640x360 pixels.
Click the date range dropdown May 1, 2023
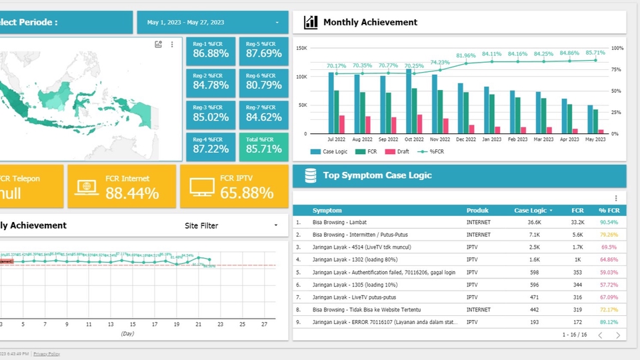click(x=213, y=23)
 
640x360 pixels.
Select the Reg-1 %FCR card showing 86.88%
click(x=211, y=49)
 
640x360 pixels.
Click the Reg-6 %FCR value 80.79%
click(x=264, y=85)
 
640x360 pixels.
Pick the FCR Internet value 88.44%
click(x=132, y=193)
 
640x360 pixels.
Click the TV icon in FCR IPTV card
click(x=202, y=187)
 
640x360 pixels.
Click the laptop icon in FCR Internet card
click(x=87, y=187)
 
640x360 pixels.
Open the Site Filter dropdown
click(x=231, y=226)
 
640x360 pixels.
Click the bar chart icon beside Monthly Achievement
click(x=311, y=23)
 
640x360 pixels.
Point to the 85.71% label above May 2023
click(x=595, y=53)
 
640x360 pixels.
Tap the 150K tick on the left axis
click(x=301, y=48)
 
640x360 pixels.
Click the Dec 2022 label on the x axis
click(x=466, y=139)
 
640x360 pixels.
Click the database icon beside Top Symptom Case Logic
click(x=311, y=175)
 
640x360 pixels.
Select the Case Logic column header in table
click(x=531, y=211)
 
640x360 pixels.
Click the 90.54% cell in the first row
click(x=608, y=223)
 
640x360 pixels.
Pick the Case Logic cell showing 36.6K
click(x=534, y=223)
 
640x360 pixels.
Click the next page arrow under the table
click(x=618, y=335)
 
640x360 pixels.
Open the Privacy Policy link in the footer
click(x=46, y=354)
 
